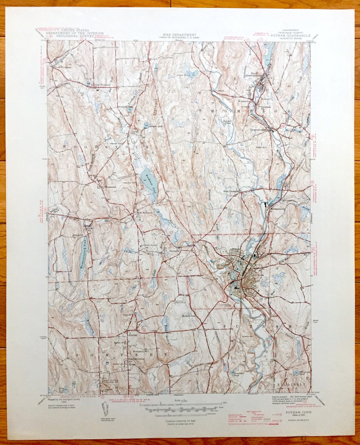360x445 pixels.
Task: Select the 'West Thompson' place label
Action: pos(231,191)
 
